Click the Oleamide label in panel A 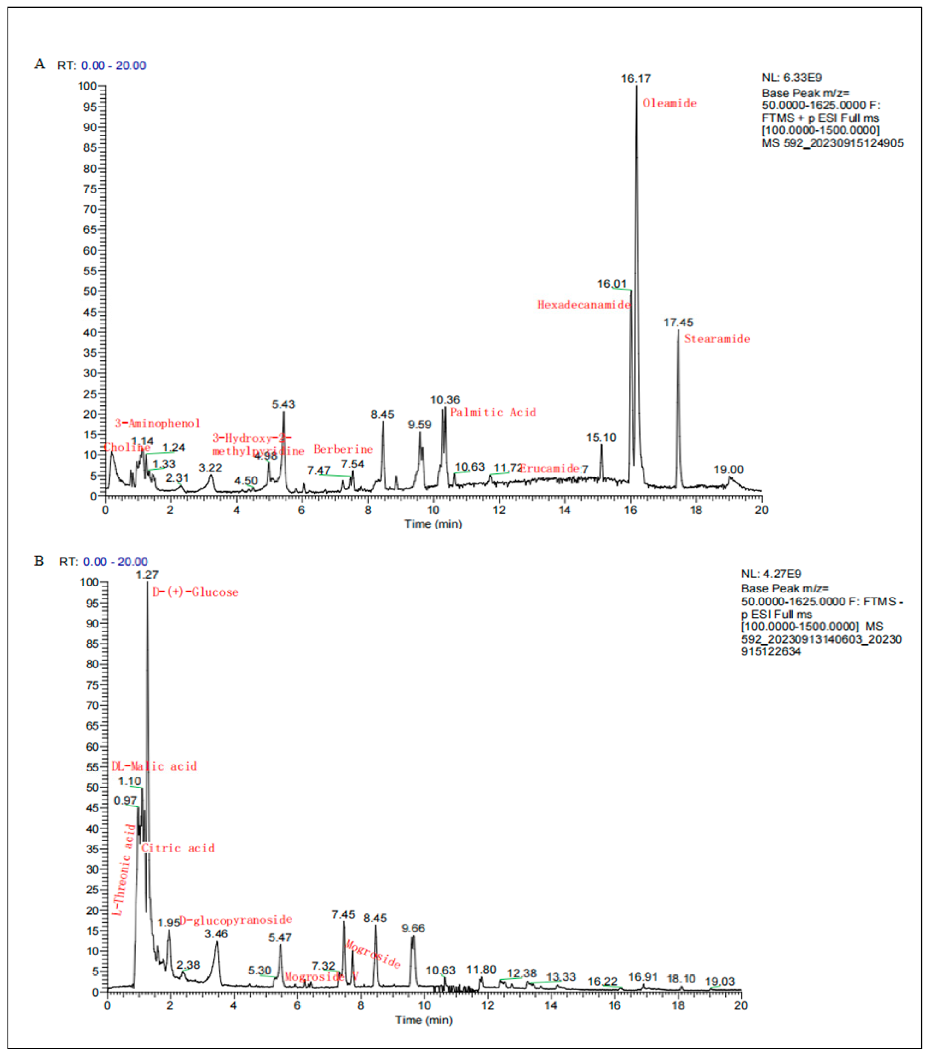(x=669, y=103)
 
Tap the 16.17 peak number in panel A (x=635, y=78)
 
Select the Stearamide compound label (x=717, y=339)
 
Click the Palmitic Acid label (x=493, y=413)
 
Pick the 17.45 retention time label (x=678, y=323)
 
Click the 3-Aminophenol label (x=157, y=424)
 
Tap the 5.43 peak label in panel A (x=283, y=404)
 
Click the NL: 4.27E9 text (x=771, y=574)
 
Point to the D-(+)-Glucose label (x=195, y=592)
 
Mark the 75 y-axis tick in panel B (x=92, y=685)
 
